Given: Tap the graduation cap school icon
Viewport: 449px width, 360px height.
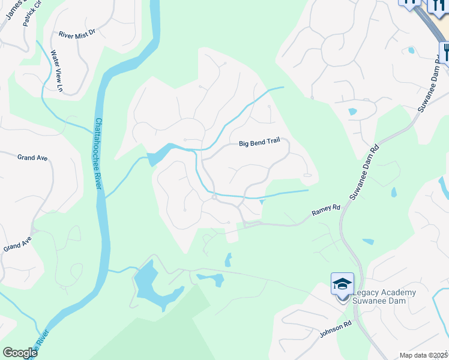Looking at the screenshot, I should (x=342, y=283).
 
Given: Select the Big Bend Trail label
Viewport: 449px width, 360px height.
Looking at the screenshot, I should (x=259, y=143).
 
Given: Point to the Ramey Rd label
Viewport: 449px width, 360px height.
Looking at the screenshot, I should (x=326, y=211).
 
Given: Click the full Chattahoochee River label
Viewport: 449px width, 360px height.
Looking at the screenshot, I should (x=98, y=153).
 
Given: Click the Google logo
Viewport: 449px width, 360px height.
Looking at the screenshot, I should (x=20, y=353).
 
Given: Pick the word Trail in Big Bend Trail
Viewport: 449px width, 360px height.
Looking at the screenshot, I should (x=274, y=143).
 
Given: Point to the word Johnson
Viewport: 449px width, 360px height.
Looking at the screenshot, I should (x=332, y=331).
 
